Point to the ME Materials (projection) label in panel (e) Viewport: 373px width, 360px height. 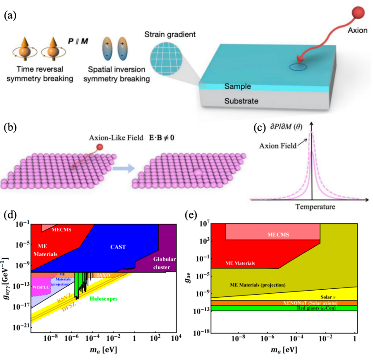coord(260,284)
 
